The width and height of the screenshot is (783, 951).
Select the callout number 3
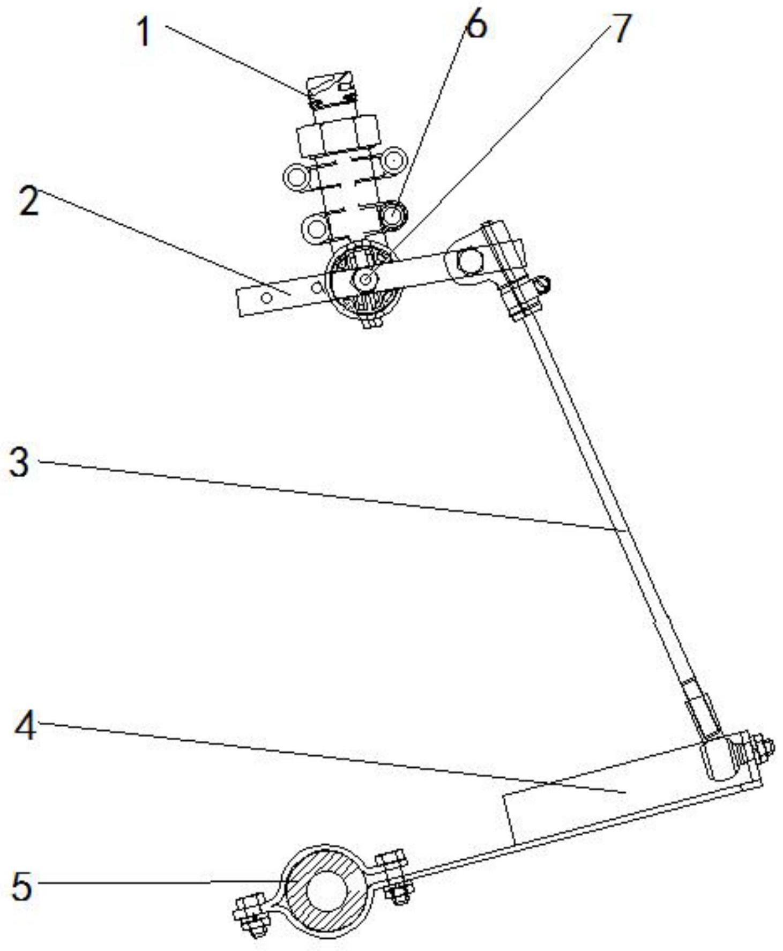[x=20, y=463]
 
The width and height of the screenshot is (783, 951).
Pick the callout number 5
[x=21, y=886]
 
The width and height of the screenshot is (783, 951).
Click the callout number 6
[x=476, y=25]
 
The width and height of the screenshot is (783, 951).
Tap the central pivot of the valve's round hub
[x=366, y=279]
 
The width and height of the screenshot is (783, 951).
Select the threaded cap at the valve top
[x=331, y=89]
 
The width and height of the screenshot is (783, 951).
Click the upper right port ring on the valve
[x=394, y=160]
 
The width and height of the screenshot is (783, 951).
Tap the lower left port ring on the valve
[x=314, y=229]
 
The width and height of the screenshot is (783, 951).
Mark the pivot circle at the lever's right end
[x=469, y=262]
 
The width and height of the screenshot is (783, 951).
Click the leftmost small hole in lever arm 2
[x=266, y=296]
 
